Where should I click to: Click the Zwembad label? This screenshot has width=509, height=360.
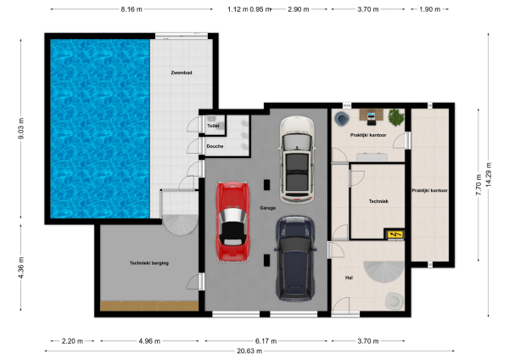182,74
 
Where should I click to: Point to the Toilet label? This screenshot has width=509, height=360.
213,126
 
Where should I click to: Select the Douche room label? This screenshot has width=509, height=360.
215,146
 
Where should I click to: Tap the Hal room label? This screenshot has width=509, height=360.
349,278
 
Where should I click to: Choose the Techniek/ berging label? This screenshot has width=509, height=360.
148,263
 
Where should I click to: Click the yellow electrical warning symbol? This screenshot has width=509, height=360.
393,233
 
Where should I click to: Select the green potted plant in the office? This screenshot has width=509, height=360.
395,115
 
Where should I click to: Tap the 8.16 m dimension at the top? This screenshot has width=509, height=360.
131,8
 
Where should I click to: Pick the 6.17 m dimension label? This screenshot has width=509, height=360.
266,340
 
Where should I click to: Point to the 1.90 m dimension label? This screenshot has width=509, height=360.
430,8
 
